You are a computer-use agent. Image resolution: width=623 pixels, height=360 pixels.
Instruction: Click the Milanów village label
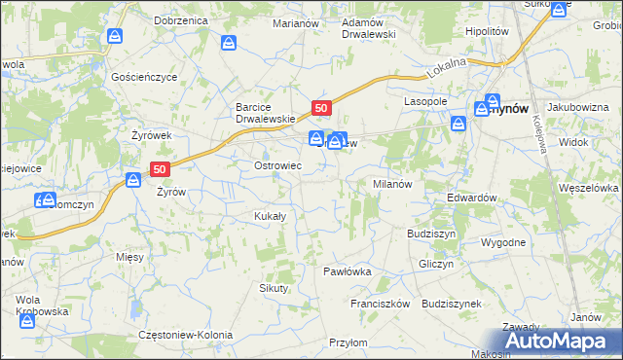tap(394, 184)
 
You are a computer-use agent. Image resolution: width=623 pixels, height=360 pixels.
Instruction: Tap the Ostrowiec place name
tap(277, 165)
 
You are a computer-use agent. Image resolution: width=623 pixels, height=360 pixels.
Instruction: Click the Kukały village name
tap(269, 216)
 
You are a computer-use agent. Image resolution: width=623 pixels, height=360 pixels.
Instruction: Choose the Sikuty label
tap(274, 288)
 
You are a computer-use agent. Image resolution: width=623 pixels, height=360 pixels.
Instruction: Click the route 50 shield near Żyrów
tap(162, 168)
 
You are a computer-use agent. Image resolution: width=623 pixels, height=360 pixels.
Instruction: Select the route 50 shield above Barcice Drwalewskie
tap(323, 105)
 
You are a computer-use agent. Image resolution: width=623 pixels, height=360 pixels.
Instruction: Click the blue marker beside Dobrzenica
tap(115, 37)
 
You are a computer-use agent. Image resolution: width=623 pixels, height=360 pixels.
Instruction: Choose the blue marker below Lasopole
tap(458, 125)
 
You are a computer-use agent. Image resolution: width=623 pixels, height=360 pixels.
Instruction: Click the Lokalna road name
tap(447, 67)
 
